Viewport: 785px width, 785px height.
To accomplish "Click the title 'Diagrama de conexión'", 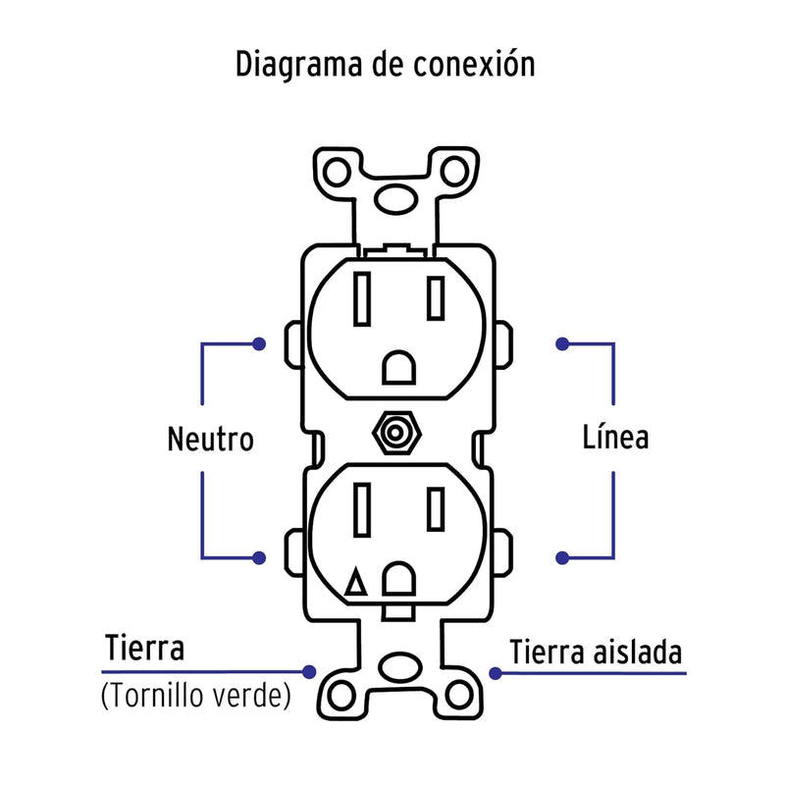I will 385,65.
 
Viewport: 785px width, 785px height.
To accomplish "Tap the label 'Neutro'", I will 209,439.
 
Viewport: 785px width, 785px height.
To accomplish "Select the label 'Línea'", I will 614,437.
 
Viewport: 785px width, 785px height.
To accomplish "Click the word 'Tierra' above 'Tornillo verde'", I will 144,649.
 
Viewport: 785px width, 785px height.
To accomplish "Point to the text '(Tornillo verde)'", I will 196,696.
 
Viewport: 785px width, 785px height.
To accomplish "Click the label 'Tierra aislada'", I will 595,653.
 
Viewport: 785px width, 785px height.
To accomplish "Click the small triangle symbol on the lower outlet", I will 357,585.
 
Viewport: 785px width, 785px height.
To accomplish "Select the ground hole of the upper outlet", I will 398,366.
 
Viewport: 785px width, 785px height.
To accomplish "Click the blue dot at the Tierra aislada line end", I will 496,674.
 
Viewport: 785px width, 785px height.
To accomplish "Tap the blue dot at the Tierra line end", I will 310,672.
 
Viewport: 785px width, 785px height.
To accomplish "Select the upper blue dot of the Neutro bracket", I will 259,344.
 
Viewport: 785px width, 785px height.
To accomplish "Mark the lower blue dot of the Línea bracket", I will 562,557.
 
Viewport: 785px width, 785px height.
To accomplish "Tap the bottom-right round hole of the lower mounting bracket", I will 455,696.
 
